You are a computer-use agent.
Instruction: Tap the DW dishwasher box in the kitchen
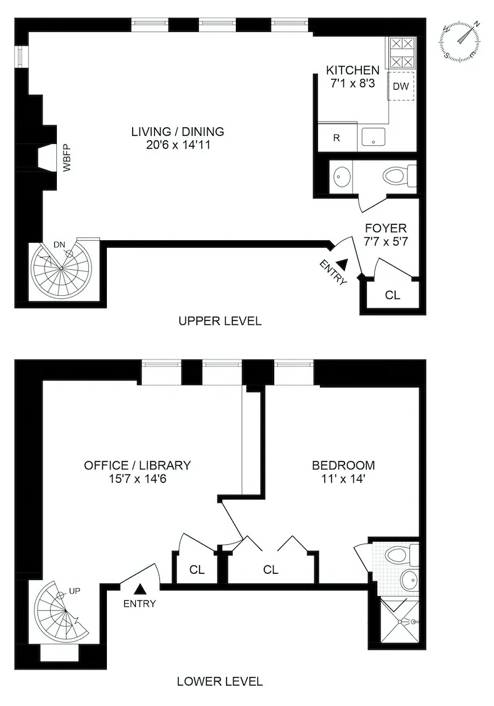point(401,86)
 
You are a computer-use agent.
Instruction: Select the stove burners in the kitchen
point(401,53)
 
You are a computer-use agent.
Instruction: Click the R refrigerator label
point(337,138)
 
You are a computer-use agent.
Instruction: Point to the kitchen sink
point(373,137)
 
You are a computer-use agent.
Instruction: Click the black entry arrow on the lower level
point(140,589)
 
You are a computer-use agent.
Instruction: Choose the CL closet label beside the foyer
point(392,295)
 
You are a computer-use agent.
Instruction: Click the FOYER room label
point(385,229)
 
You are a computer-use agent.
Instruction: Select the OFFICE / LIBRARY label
point(137,465)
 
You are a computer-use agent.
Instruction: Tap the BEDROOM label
point(343,465)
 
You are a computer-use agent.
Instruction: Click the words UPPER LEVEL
point(220,321)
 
